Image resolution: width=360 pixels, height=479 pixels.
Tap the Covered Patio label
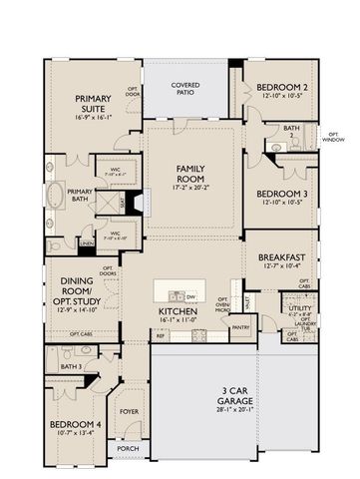(x=184, y=88)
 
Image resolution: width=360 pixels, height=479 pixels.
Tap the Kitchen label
(x=180, y=311)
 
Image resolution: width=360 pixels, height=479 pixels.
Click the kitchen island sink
(x=177, y=295)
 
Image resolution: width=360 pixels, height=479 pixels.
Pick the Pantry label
(x=239, y=326)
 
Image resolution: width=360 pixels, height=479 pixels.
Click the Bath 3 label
(x=70, y=367)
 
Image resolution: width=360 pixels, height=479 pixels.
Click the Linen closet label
(x=87, y=241)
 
